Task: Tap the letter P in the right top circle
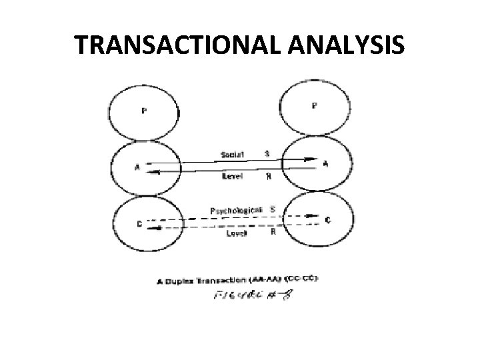(x=315, y=105)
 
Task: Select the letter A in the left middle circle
(x=137, y=168)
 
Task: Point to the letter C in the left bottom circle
(x=139, y=224)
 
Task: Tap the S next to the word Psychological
(x=273, y=209)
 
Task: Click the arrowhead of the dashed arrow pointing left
(x=153, y=227)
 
